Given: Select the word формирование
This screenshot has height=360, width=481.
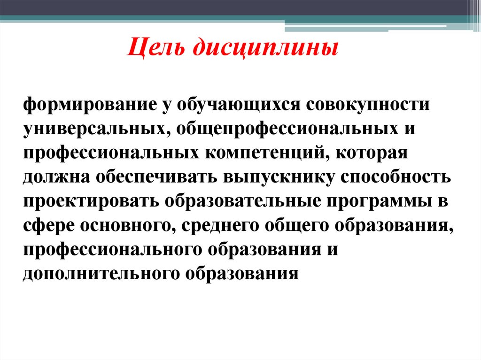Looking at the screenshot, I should coord(86,103).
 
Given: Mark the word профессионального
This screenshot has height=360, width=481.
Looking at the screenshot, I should coord(112,249).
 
